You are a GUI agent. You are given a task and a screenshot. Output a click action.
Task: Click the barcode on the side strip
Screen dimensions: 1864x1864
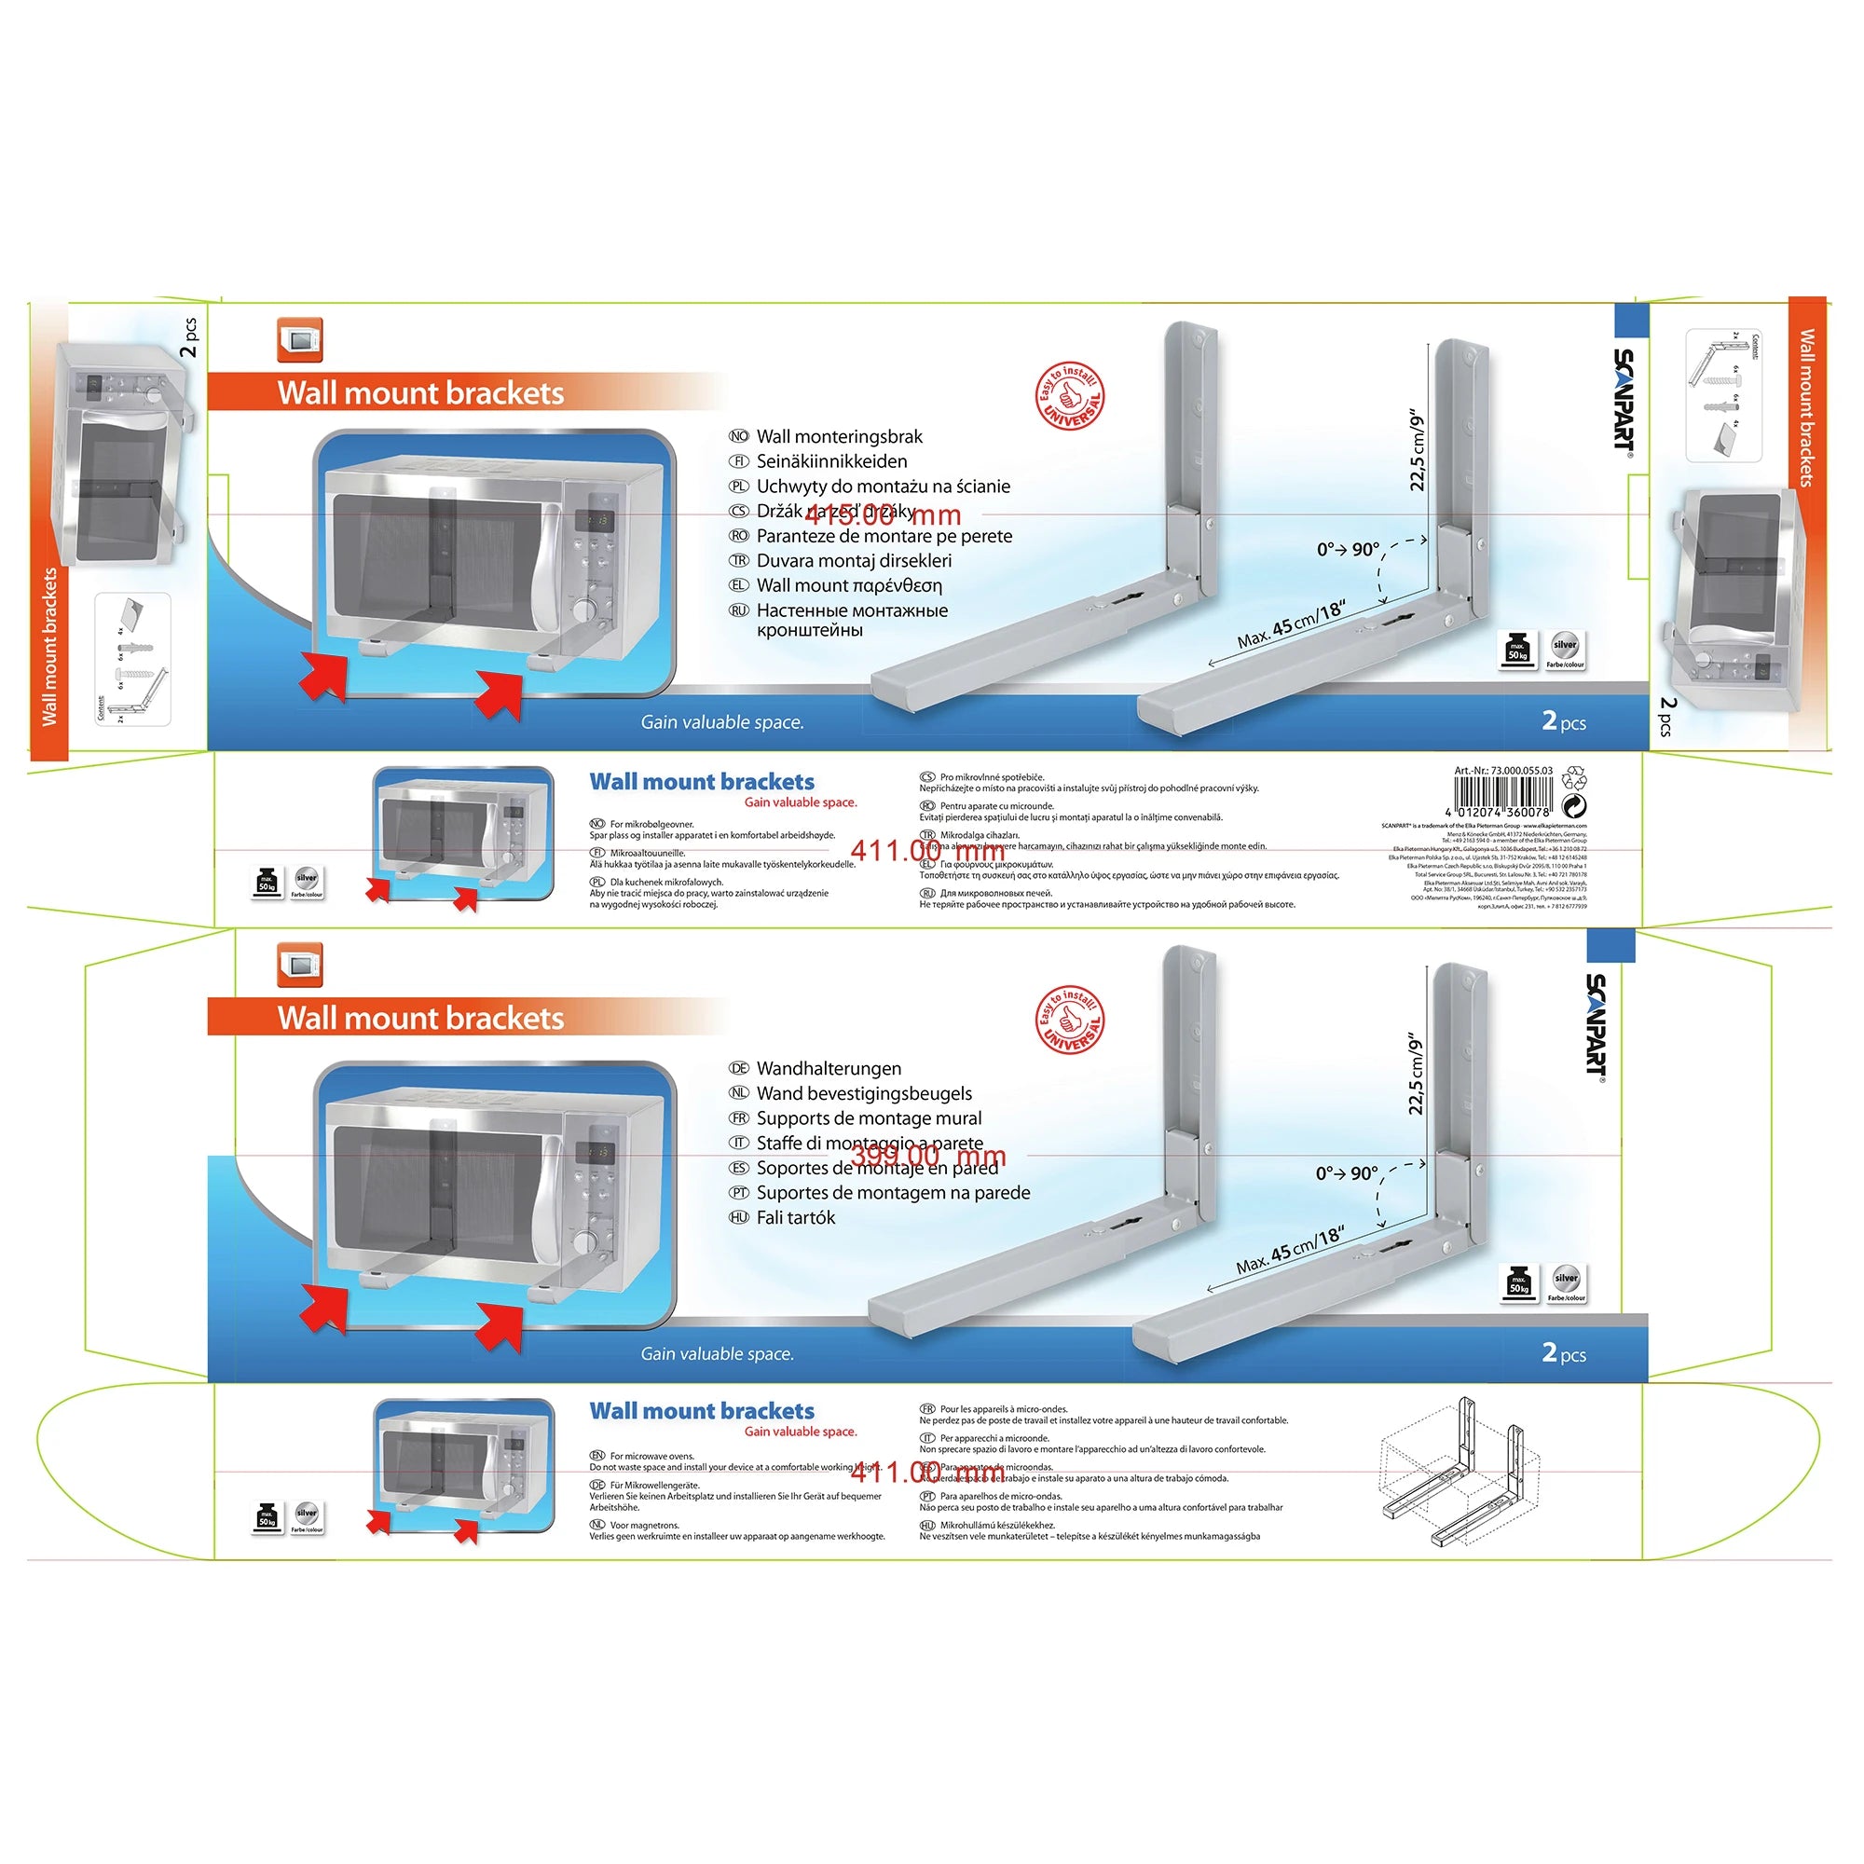1502,795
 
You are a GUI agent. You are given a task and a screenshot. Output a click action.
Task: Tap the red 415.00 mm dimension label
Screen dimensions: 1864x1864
883,515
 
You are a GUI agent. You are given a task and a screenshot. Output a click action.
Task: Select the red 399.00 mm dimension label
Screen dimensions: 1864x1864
928,1155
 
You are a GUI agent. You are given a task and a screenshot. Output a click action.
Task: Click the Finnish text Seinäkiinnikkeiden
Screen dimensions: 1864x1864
831,461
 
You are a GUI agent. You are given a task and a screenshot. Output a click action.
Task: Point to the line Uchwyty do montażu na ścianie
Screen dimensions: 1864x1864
883,487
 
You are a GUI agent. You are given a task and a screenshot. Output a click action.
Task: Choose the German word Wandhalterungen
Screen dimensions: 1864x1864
829,1068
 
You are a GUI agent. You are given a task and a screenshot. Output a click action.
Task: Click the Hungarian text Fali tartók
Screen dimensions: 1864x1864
796,1217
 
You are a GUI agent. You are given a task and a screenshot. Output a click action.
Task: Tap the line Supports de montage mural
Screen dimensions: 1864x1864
869,1118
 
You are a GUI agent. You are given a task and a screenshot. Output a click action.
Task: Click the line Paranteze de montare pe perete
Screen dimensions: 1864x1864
884,537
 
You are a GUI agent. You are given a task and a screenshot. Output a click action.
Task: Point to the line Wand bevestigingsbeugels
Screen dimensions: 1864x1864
864,1093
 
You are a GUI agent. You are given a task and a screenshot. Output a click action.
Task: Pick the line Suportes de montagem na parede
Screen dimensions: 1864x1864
893,1193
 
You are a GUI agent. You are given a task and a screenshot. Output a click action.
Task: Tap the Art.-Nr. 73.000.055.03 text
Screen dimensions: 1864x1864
1503,771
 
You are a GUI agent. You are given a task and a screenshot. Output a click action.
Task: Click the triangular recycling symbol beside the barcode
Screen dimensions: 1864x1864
1574,775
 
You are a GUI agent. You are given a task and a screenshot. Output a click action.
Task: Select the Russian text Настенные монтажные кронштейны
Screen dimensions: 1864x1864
851,621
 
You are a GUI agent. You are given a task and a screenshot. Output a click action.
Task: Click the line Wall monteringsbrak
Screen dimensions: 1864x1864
840,437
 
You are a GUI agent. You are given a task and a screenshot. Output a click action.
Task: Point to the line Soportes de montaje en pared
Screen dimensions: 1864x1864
877,1169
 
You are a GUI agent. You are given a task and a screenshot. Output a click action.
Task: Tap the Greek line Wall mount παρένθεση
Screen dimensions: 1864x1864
849,585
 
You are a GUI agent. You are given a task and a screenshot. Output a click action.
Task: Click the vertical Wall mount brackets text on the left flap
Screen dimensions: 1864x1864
50,647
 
